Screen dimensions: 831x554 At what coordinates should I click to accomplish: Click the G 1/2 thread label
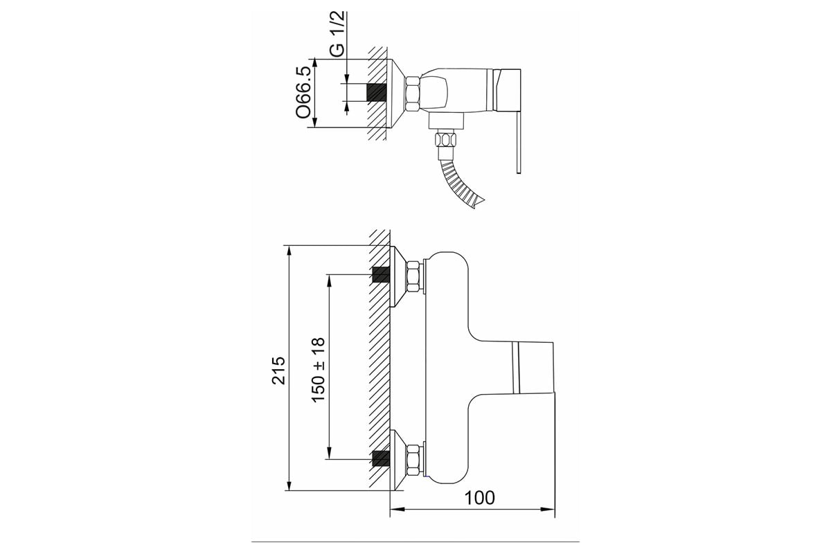click(338, 35)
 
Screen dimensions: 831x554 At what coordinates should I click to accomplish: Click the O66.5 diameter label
click(303, 93)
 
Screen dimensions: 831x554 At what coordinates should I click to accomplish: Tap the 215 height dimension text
click(278, 370)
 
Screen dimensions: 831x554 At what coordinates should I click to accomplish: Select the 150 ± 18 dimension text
click(319, 370)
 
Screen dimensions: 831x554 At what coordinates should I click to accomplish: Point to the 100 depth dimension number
click(480, 498)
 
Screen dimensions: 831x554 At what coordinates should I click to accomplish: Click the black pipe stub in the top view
click(377, 92)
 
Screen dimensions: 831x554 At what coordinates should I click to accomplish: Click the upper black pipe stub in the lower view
click(381, 275)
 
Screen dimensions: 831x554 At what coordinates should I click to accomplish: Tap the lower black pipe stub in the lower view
click(381, 459)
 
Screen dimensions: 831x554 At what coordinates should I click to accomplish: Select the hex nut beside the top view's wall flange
click(413, 93)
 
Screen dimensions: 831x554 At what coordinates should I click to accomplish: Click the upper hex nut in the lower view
click(414, 277)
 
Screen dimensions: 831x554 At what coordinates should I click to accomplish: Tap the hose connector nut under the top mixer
click(445, 141)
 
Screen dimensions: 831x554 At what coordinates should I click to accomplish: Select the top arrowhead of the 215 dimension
click(289, 252)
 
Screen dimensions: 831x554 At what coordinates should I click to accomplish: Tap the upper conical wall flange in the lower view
click(399, 277)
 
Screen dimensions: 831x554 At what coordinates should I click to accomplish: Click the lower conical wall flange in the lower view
click(399, 460)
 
